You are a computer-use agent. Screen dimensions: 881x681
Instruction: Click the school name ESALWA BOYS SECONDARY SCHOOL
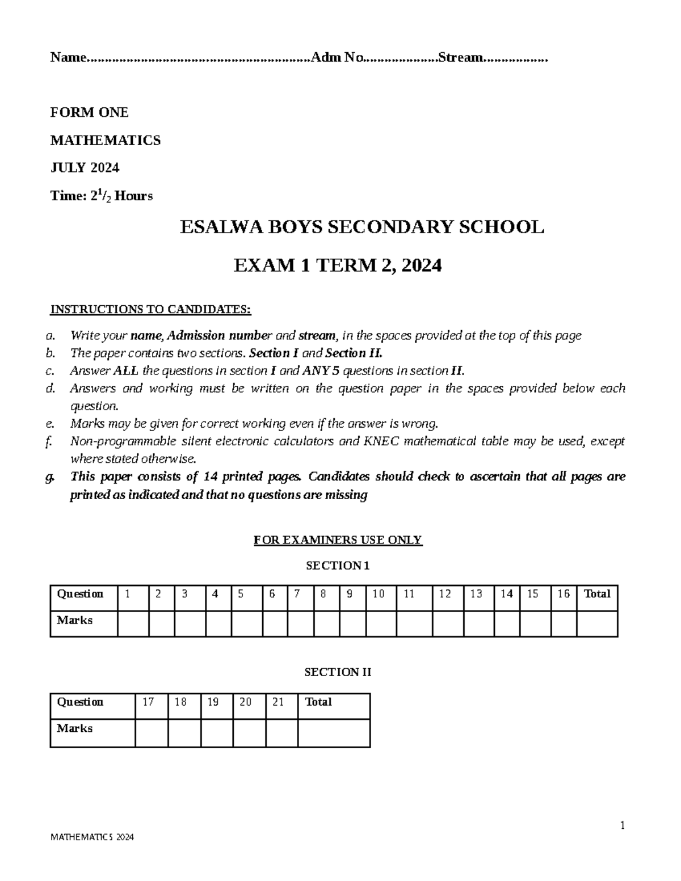coord(361,227)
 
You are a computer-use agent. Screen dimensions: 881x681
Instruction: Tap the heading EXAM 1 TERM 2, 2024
coord(338,265)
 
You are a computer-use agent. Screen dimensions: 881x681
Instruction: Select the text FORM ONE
coord(89,112)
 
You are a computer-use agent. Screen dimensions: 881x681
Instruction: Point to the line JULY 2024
coord(85,168)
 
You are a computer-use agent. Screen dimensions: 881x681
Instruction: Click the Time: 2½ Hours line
coord(102,196)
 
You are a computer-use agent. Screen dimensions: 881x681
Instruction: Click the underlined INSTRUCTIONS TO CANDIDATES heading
coord(150,309)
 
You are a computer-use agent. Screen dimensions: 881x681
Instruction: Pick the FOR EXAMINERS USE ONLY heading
coord(338,539)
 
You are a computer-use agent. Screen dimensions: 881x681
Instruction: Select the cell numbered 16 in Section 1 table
coord(563,594)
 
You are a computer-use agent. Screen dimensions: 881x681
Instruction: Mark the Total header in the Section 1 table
coord(597,594)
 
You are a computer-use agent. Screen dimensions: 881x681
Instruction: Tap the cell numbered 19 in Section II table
coord(213,702)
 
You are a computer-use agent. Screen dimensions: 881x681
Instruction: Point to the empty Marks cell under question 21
coord(281,733)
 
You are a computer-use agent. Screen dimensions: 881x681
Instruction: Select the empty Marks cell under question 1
coord(133,624)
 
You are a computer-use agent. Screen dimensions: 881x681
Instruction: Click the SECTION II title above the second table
coord(338,672)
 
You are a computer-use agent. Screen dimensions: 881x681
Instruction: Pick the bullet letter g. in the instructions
coord(50,477)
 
